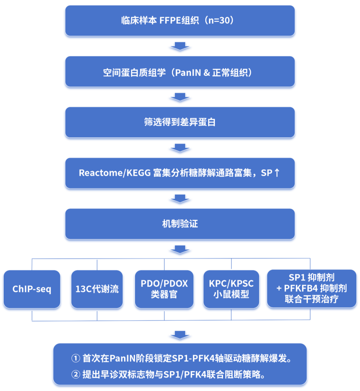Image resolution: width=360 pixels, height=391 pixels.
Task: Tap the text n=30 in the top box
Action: pyautogui.click(x=219, y=20)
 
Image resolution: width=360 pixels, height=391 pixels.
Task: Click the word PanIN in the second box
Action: pyautogui.click(x=188, y=72)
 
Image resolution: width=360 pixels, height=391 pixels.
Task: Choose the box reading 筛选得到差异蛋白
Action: pyautogui.click(x=180, y=122)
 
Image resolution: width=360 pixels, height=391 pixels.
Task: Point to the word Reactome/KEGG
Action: pyautogui.click(x=115, y=173)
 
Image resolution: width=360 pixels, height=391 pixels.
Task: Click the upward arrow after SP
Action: pyautogui.click(x=277, y=173)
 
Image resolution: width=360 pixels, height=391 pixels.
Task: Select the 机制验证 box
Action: pyautogui.click(x=180, y=224)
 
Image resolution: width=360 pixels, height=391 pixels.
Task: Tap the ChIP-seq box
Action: pyautogui.click(x=32, y=289)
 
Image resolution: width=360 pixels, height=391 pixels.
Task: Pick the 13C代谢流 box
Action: pyautogui.click(x=97, y=289)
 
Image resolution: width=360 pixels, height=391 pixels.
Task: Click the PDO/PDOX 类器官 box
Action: pyautogui.click(x=164, y=289)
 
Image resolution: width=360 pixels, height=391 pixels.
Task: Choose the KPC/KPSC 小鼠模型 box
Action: pyautogui.click(x=231, y=289)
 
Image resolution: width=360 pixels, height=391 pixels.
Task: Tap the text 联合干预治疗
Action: pyautogui.click(x=312, y=299)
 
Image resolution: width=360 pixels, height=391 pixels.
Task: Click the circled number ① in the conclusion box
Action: pyautogui.click(x=76, y=358)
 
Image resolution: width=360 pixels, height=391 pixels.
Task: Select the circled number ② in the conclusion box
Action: pyautogui.click(x=76, y=374)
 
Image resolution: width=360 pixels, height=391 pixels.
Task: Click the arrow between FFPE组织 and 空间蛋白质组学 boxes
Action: pyautogui.click(x=180, y=46)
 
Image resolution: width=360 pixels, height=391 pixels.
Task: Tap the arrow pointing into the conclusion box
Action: pyautogui.click(x=180, y=335)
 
